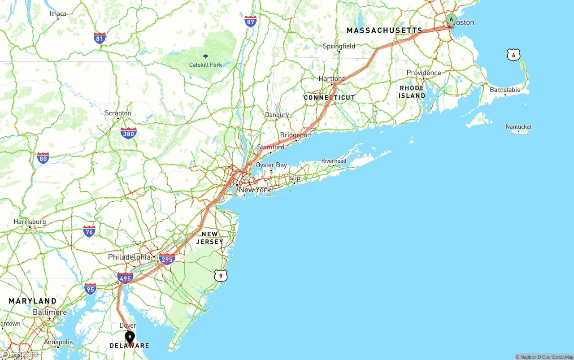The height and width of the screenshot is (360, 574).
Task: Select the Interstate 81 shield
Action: click(100, 38)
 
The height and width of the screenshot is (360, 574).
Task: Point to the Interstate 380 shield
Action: click(129, 133)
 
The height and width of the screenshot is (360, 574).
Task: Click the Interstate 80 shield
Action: click(43, 158)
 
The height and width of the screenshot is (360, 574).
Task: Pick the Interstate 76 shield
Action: click(89, 231)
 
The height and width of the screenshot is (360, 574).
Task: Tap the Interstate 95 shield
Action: click(90, 289)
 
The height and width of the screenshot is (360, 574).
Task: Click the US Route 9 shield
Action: click(220, 276)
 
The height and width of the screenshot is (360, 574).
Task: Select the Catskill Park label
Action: click(205, 65)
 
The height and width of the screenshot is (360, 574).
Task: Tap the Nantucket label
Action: click(518, 127)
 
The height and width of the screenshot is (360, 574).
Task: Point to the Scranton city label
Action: click(118, 113)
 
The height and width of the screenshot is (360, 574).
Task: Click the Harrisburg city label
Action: click(30, 222)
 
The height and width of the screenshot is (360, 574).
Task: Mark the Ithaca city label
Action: click(58, 14)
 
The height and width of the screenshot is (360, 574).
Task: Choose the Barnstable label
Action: click(505, 90)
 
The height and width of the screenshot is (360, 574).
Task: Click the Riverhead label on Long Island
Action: click(334, 161)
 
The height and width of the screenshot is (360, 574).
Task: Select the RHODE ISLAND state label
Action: click(412, 92)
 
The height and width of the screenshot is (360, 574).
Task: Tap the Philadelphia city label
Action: click(129, 257)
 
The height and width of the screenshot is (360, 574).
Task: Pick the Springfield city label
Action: click(339, 46)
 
